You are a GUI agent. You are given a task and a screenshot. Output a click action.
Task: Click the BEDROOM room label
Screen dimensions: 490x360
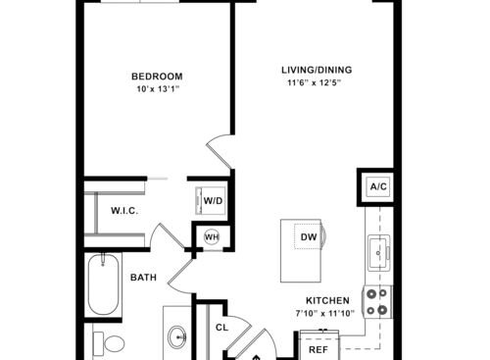point(157,77)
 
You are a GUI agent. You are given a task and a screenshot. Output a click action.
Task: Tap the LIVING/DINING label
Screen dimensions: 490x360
point(317,70)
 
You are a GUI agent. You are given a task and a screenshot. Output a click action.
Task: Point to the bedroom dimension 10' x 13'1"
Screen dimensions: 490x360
point(158,89)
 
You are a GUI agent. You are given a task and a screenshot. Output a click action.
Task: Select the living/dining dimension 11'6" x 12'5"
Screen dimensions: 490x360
point(315,82)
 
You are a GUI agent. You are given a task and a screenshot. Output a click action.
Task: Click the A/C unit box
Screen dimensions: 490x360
point(378,186)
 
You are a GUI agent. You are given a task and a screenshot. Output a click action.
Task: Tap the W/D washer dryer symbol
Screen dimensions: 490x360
point(211,201)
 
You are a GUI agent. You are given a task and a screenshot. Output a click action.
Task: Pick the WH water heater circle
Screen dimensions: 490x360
point(212,237)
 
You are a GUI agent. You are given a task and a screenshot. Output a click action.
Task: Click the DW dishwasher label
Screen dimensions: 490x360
point(309,236)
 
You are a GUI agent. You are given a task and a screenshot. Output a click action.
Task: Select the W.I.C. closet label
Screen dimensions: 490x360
point(124,211)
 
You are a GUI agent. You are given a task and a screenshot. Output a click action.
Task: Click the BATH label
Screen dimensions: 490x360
point(143,278)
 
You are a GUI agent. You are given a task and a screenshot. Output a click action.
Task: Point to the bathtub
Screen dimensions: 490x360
point(103,284)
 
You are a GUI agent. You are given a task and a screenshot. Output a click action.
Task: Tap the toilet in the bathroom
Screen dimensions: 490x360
point(109,343)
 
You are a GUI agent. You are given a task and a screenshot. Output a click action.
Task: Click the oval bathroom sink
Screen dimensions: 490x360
point(177,336)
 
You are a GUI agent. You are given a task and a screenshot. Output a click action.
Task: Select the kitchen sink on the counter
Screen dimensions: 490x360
point(378,253)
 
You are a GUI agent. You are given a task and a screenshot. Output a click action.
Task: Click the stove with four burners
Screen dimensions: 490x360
point(377,302)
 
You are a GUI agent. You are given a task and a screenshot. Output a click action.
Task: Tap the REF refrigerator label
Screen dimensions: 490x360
point(318,350)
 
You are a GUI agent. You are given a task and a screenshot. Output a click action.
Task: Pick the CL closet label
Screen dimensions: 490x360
point(222,328)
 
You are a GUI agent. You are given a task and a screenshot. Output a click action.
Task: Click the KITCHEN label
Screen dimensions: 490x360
point(327,300)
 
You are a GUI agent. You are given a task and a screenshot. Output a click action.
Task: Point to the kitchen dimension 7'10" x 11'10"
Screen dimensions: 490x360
point(325,314)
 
